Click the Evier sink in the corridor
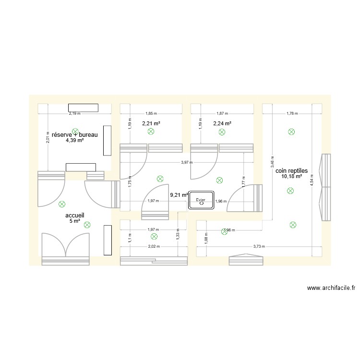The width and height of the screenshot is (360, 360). click(x=202, y=200)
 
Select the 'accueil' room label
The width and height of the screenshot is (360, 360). click(x=74, y=216)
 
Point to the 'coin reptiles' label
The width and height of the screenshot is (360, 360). click(x=291, y=170)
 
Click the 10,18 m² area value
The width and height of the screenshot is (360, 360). click(x=292, y=176)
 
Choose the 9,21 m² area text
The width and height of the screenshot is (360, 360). click(x=179, y=195)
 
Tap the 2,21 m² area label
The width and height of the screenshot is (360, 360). click(x=151, y=123)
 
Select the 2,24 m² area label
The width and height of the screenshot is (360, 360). click(x=222, y=123)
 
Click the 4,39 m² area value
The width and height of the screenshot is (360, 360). click(x=75, y=141)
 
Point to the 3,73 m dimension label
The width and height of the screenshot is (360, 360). click(x=259, y=246)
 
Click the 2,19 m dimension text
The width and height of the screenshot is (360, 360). click(x=74, y=114)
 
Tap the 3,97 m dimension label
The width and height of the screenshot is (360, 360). click(x=185, y=162)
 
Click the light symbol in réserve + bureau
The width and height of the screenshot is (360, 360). click(x=74, y=131)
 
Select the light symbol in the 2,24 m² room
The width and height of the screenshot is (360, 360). click(x=222, y=131)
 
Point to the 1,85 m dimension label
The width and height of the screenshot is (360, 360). click(x=151, y=114)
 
